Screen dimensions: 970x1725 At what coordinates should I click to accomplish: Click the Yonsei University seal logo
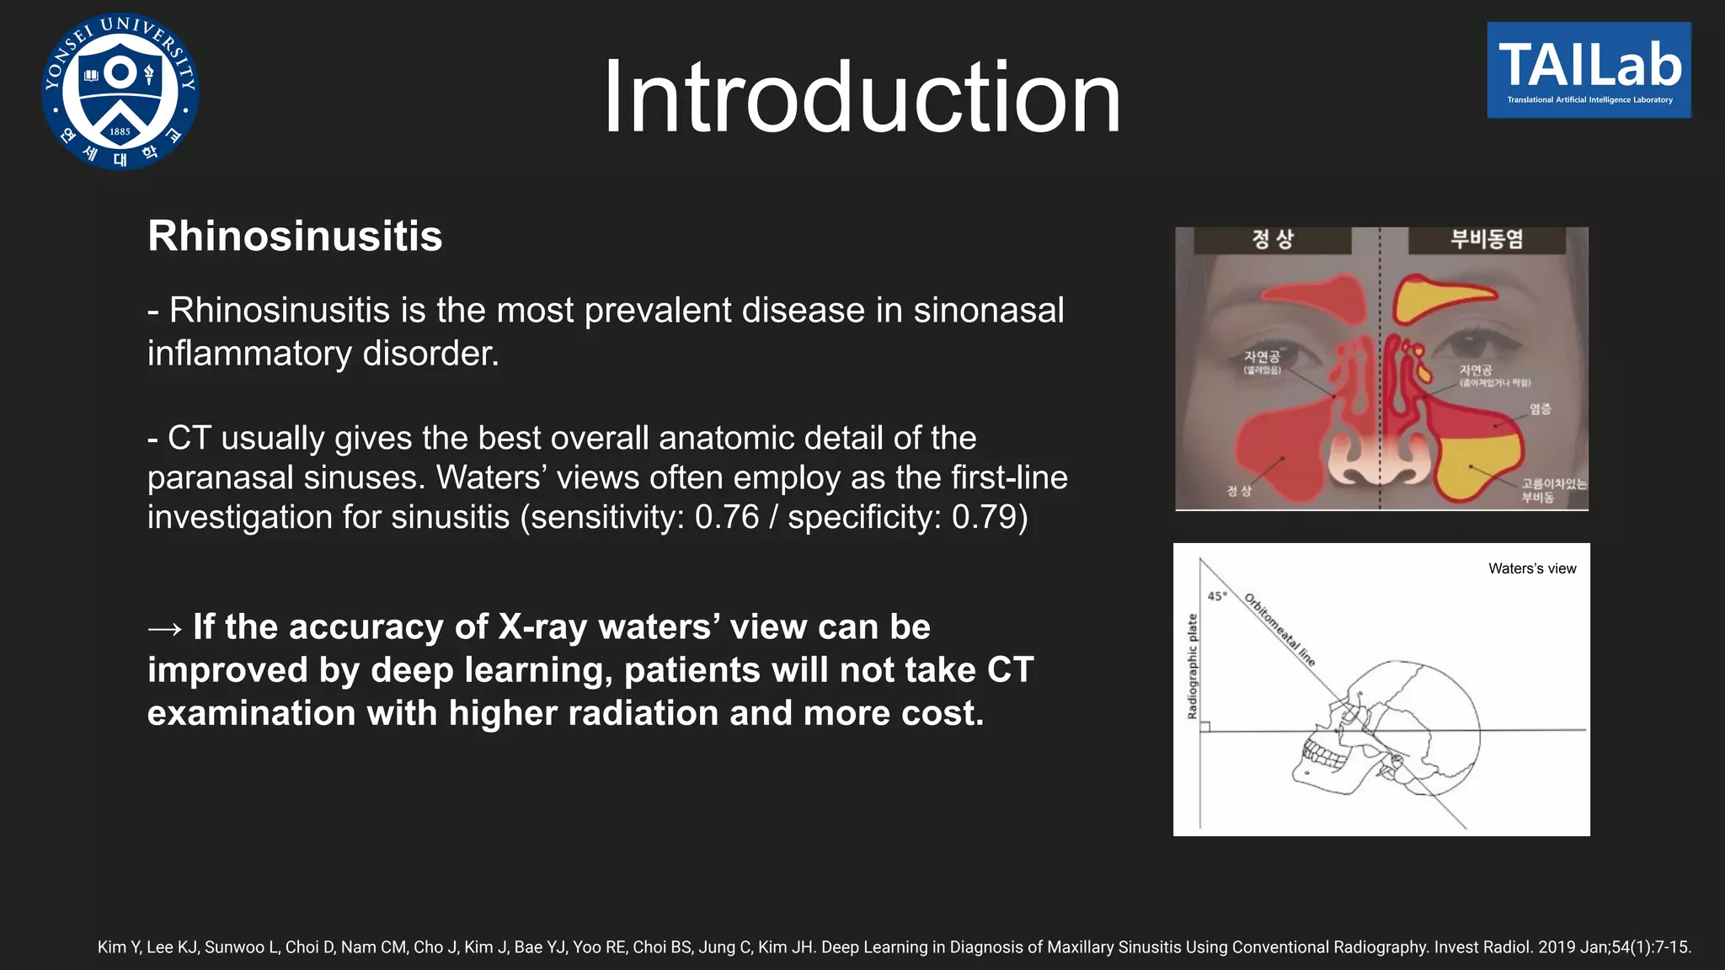pos(120,91)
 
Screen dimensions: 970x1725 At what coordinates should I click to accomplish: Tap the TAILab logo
pos(1589,70)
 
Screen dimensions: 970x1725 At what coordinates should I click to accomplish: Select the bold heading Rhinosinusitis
pos(295,236)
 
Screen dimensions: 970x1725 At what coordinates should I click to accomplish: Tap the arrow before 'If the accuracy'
pos(164,628)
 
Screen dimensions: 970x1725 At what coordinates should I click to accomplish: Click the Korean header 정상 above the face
pos(1272,240)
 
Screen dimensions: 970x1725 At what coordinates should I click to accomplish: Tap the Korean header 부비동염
pos(1486,240)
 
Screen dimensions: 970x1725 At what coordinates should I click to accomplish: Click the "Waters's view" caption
pos(1531,568)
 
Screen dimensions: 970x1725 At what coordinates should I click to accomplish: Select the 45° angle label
pos(1217,596)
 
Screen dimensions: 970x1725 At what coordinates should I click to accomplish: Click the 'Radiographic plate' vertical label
pos(1192,666)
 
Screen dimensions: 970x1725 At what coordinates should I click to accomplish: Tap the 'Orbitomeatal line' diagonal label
pos(1279,630)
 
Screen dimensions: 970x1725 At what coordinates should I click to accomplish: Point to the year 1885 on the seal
pos(120,131)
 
